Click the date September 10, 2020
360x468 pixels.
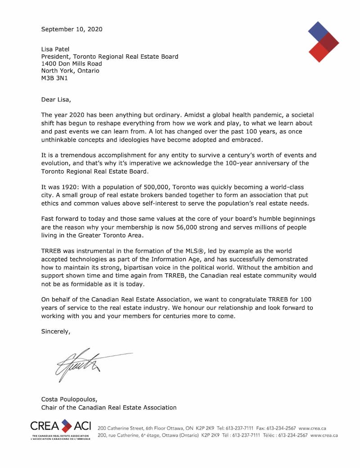coord(72,29)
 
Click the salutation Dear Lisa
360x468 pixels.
coord(56,99)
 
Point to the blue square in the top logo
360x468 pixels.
coord(318,31)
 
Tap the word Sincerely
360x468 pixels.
coord(56,331)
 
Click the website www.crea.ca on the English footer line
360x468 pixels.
coord(312,428)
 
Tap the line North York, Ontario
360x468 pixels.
coord(70,71)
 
